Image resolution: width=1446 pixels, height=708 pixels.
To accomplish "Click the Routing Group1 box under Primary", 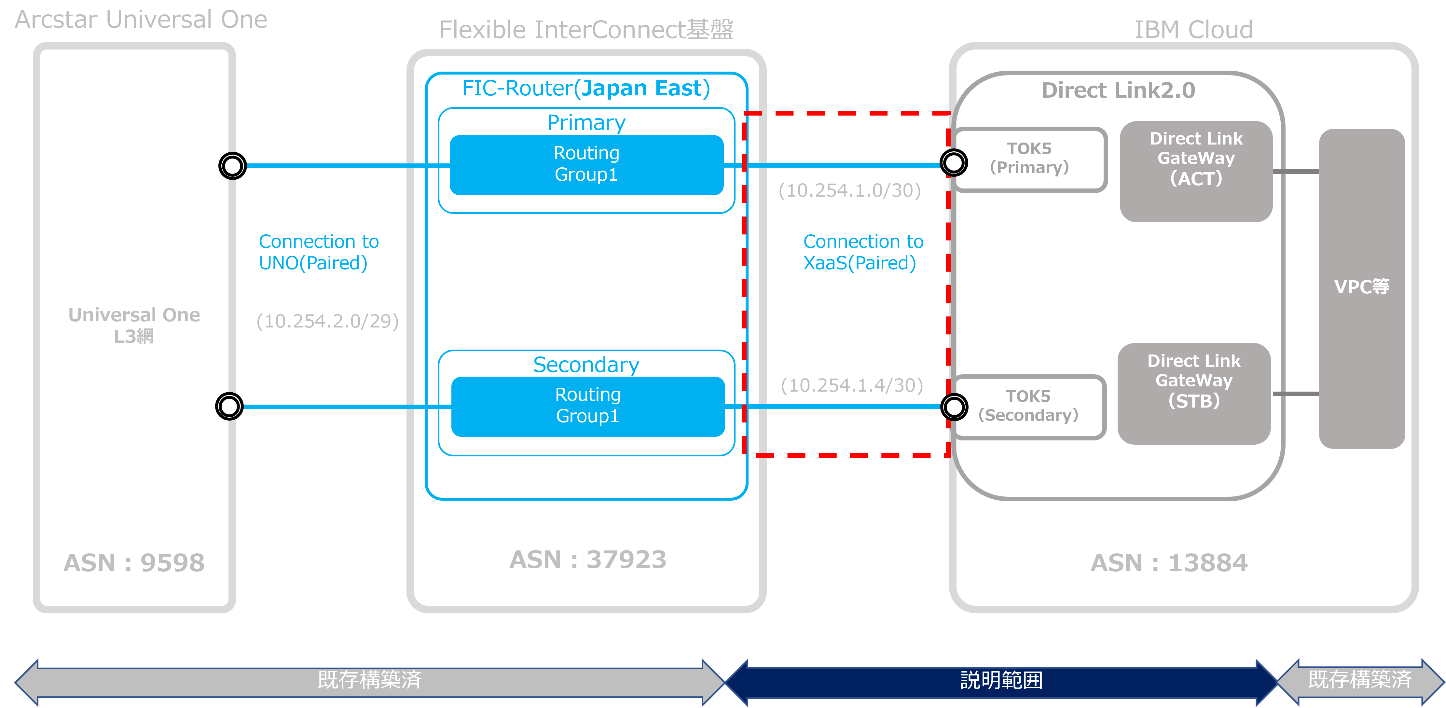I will [586, 164].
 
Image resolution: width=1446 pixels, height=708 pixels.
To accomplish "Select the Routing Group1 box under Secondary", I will [588, 406].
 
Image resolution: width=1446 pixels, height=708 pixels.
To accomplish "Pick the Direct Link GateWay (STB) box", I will [1194, 393].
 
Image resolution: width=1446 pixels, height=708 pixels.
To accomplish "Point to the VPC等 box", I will [1362, 287].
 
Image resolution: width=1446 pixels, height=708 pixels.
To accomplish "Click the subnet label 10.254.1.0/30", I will [849, 191].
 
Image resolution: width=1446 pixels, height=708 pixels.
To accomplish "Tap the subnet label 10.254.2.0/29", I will [327, 321].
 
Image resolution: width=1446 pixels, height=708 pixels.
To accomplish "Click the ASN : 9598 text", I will [134, 562].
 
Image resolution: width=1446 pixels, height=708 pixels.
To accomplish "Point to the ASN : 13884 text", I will [1169, 562].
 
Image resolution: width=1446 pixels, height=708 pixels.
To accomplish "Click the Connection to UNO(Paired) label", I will [318, 252].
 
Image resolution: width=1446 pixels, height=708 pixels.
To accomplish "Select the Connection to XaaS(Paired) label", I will [863, 252].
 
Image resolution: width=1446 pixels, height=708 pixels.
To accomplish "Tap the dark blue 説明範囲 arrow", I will [1001, 680].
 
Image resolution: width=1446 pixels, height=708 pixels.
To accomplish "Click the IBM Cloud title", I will [1193, 29].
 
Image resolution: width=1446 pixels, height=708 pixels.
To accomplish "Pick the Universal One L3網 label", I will [134, 325].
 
